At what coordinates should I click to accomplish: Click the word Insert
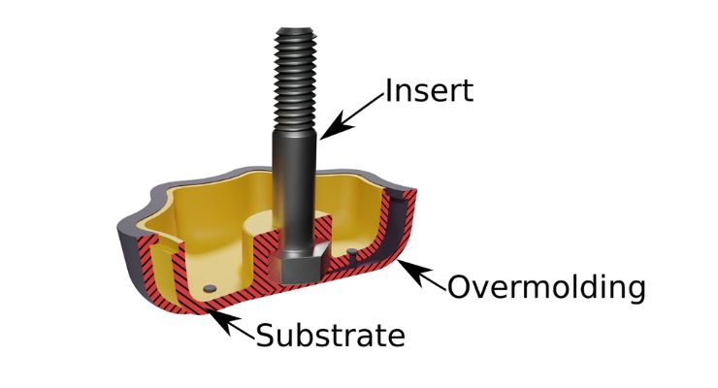429,91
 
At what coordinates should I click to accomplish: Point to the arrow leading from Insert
354,114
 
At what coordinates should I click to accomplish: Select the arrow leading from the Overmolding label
424,275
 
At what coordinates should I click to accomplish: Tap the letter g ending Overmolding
633,291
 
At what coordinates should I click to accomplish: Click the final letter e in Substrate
392,338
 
